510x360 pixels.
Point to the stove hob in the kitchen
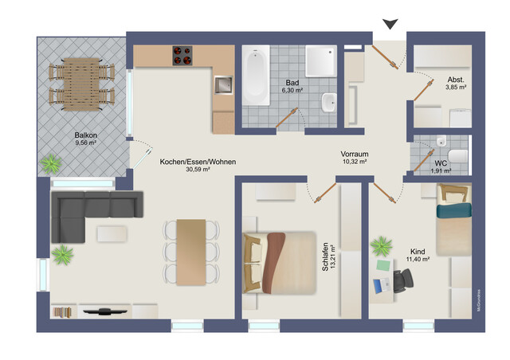point(183,56)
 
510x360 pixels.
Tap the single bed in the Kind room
point(453,214)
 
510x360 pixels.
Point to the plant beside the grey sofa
point(62,256)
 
